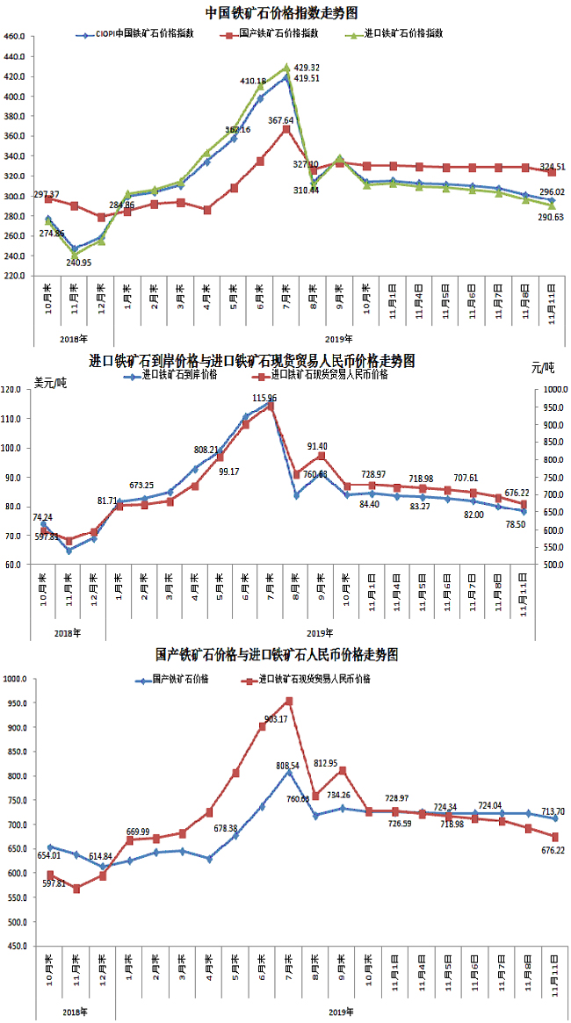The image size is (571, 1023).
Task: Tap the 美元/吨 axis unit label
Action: pyautogui.click(x=50, y=381)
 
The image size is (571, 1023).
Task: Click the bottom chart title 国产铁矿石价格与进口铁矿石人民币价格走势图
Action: pyautogui.click(x=277, y=654)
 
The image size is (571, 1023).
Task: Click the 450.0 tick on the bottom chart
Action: pyautogui.click(x=16, y=946)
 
